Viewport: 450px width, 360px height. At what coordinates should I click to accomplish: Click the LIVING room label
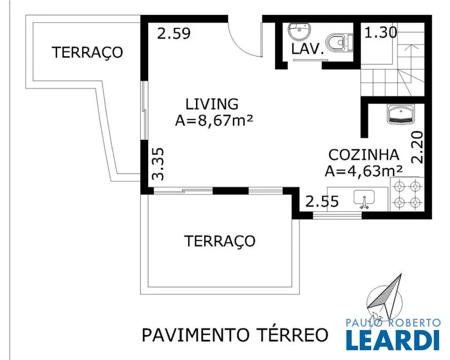[212, 104]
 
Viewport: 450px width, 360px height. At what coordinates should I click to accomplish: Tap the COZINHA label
[364, 155]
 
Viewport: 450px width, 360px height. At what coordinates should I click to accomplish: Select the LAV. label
[307, 49]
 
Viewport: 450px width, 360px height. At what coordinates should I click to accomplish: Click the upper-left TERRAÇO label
[87, 52]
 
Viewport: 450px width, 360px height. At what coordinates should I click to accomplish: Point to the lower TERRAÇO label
[219, 241]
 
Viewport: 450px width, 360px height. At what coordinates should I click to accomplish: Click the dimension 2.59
[173, 34]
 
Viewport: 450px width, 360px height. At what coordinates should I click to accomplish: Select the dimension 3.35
[158, 164]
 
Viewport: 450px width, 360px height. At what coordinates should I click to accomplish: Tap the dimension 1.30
[381, 32]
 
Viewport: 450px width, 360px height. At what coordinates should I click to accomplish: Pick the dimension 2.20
[417, 147]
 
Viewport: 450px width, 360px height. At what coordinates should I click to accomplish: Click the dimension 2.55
[322, 201]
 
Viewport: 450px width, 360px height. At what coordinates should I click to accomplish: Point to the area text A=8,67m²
[214, 120]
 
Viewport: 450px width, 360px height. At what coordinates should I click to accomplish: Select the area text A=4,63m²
[364, 171]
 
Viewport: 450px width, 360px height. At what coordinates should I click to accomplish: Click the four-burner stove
[407, 195]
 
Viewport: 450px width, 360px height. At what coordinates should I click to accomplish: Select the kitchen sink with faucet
[364, 199]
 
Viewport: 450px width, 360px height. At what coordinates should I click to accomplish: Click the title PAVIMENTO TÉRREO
[235, 335]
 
